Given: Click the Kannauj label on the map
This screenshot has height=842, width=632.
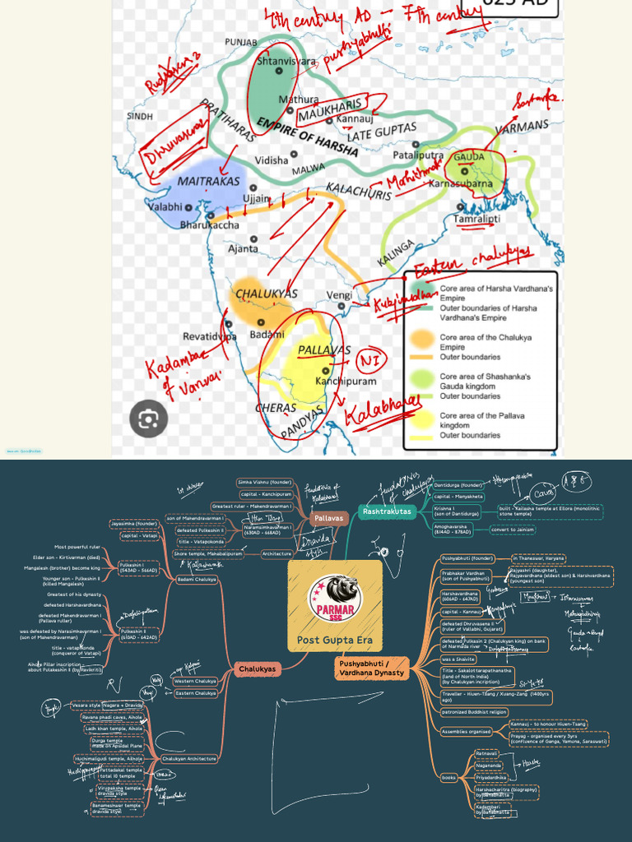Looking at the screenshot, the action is click(x=355, y=120).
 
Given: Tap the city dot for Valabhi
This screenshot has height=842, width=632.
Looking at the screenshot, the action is click(x=188, y=207).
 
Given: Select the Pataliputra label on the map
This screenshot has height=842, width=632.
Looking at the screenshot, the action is click(x=418, y=155).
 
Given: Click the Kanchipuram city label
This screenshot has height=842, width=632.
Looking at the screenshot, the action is click(x=346, y=381).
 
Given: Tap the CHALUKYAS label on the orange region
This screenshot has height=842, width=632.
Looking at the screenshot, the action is click(x=267, y=294).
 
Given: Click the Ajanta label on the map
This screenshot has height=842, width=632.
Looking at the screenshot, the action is click(x=243, y=248).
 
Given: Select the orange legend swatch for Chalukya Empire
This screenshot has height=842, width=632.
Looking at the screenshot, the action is click(x=423, y=337).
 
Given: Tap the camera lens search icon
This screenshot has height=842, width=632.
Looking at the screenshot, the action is click(x=148, y=419).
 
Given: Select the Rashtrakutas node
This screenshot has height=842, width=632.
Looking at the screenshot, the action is click(x=387, y=512).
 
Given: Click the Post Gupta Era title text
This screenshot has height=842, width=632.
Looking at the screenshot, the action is click(x=334, y=641).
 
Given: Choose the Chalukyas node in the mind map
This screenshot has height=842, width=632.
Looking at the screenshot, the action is click(x=257, y=669).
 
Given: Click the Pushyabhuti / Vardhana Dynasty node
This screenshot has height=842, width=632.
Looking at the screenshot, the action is click(x=372, y=668).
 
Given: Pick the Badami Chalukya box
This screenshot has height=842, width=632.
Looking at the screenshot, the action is click(x=197, y=580).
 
